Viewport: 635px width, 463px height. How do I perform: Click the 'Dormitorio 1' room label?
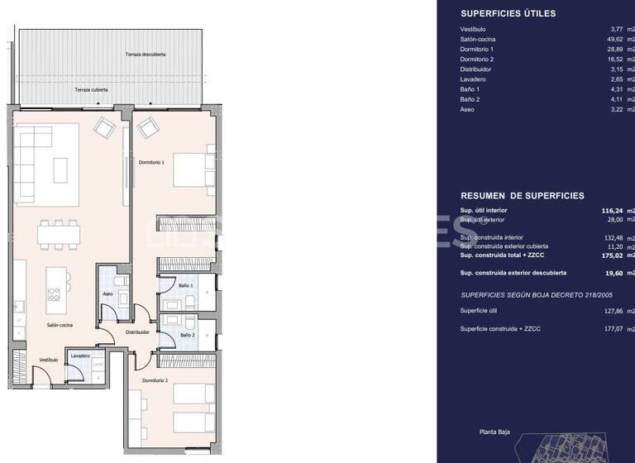[x=151, y=162]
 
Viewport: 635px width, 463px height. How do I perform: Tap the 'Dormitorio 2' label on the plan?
[x=155, y=379]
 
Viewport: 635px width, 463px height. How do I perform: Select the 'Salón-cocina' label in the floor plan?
[x=60, y=325]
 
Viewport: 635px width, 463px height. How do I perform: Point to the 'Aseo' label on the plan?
[x=107, y=294]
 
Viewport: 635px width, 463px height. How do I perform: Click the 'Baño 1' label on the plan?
[x=186, y=285]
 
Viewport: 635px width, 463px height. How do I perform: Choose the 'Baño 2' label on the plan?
[x=187, y=335]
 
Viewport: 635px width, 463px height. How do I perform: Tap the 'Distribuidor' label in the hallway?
[x=137, y=332]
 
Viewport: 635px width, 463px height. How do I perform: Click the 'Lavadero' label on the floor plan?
[x=80, y=356]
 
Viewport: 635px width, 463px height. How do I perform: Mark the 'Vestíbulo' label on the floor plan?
[x=48, y=360]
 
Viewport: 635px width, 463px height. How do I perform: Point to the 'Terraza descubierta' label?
[x=146, y=55]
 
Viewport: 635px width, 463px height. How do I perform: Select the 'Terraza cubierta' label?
[x=93, y=89]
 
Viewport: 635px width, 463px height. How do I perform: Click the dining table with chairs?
[x=60, y=236]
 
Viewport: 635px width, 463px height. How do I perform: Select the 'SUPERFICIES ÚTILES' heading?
[x=508, y=13]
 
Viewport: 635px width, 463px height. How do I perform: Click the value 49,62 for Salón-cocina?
[x=614, y=39]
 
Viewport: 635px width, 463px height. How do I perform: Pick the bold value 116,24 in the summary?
[x=612, y=210]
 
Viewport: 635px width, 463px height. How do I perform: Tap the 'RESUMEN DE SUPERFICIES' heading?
[x=522, y=196]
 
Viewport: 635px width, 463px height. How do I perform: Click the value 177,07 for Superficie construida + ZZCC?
[x=613, y=329]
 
